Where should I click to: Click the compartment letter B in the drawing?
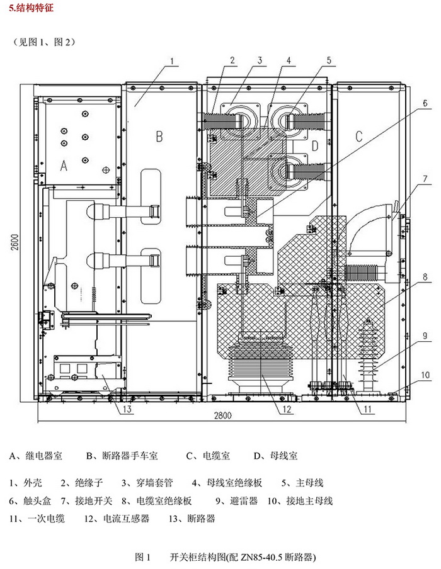159,136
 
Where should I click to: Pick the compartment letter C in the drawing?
359,135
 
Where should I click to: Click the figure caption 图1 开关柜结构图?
225,557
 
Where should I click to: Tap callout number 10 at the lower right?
424,375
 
